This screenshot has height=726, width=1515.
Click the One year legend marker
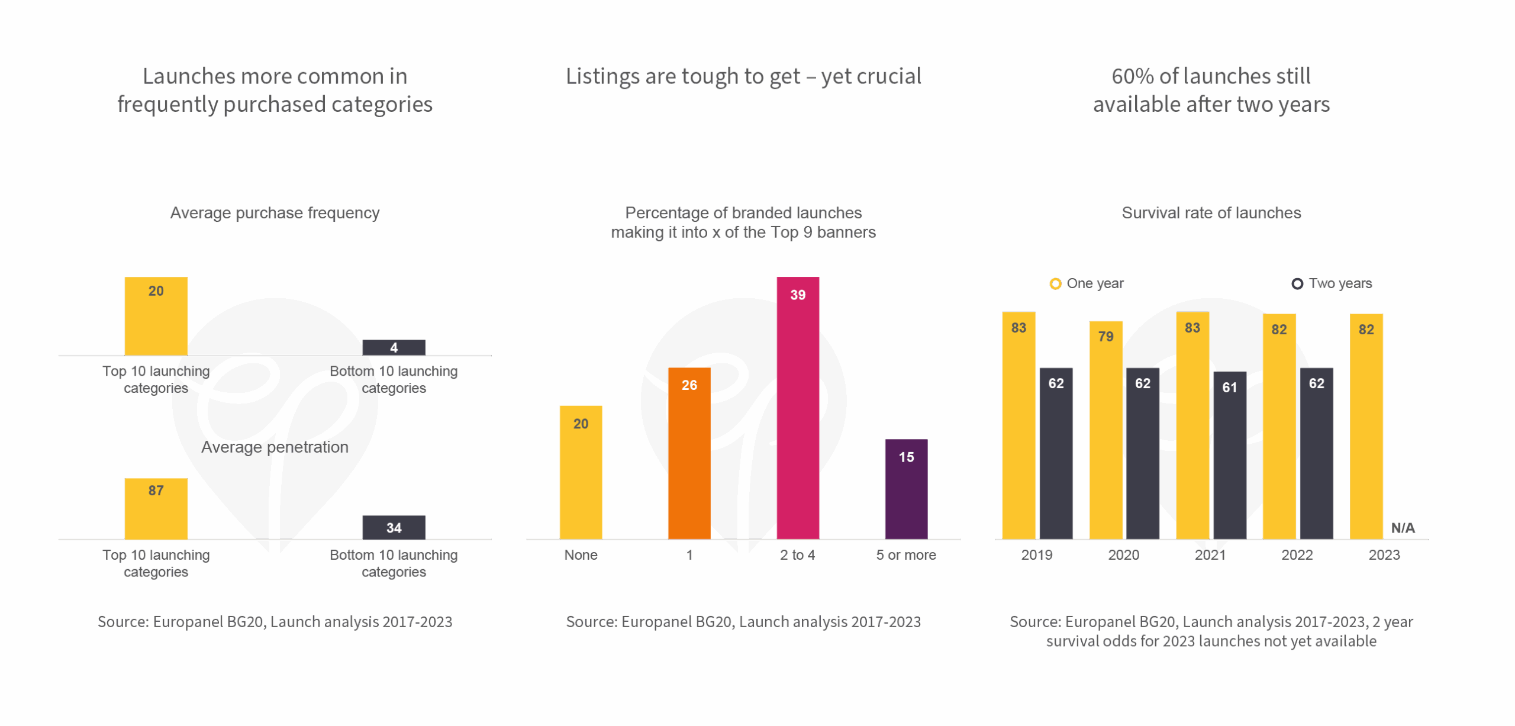click(x=1055, y=284)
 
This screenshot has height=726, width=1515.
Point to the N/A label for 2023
click(x=1403, y=528)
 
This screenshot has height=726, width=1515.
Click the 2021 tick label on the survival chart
click(x=1210, y=555)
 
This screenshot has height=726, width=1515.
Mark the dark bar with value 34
click(x=394, y=527)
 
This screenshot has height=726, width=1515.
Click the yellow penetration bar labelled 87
click(x=156, y=508)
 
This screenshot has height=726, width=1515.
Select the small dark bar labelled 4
click(x=394, y=347)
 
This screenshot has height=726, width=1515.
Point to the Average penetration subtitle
click(x=275, y=447)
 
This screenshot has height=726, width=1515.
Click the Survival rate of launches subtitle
click(x=1211, y=213)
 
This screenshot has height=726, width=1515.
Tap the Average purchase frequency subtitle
click(x=275, y=213)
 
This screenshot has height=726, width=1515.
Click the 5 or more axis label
click(x=905, y=555)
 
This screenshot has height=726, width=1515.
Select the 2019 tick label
click(x=1036, y=555)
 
